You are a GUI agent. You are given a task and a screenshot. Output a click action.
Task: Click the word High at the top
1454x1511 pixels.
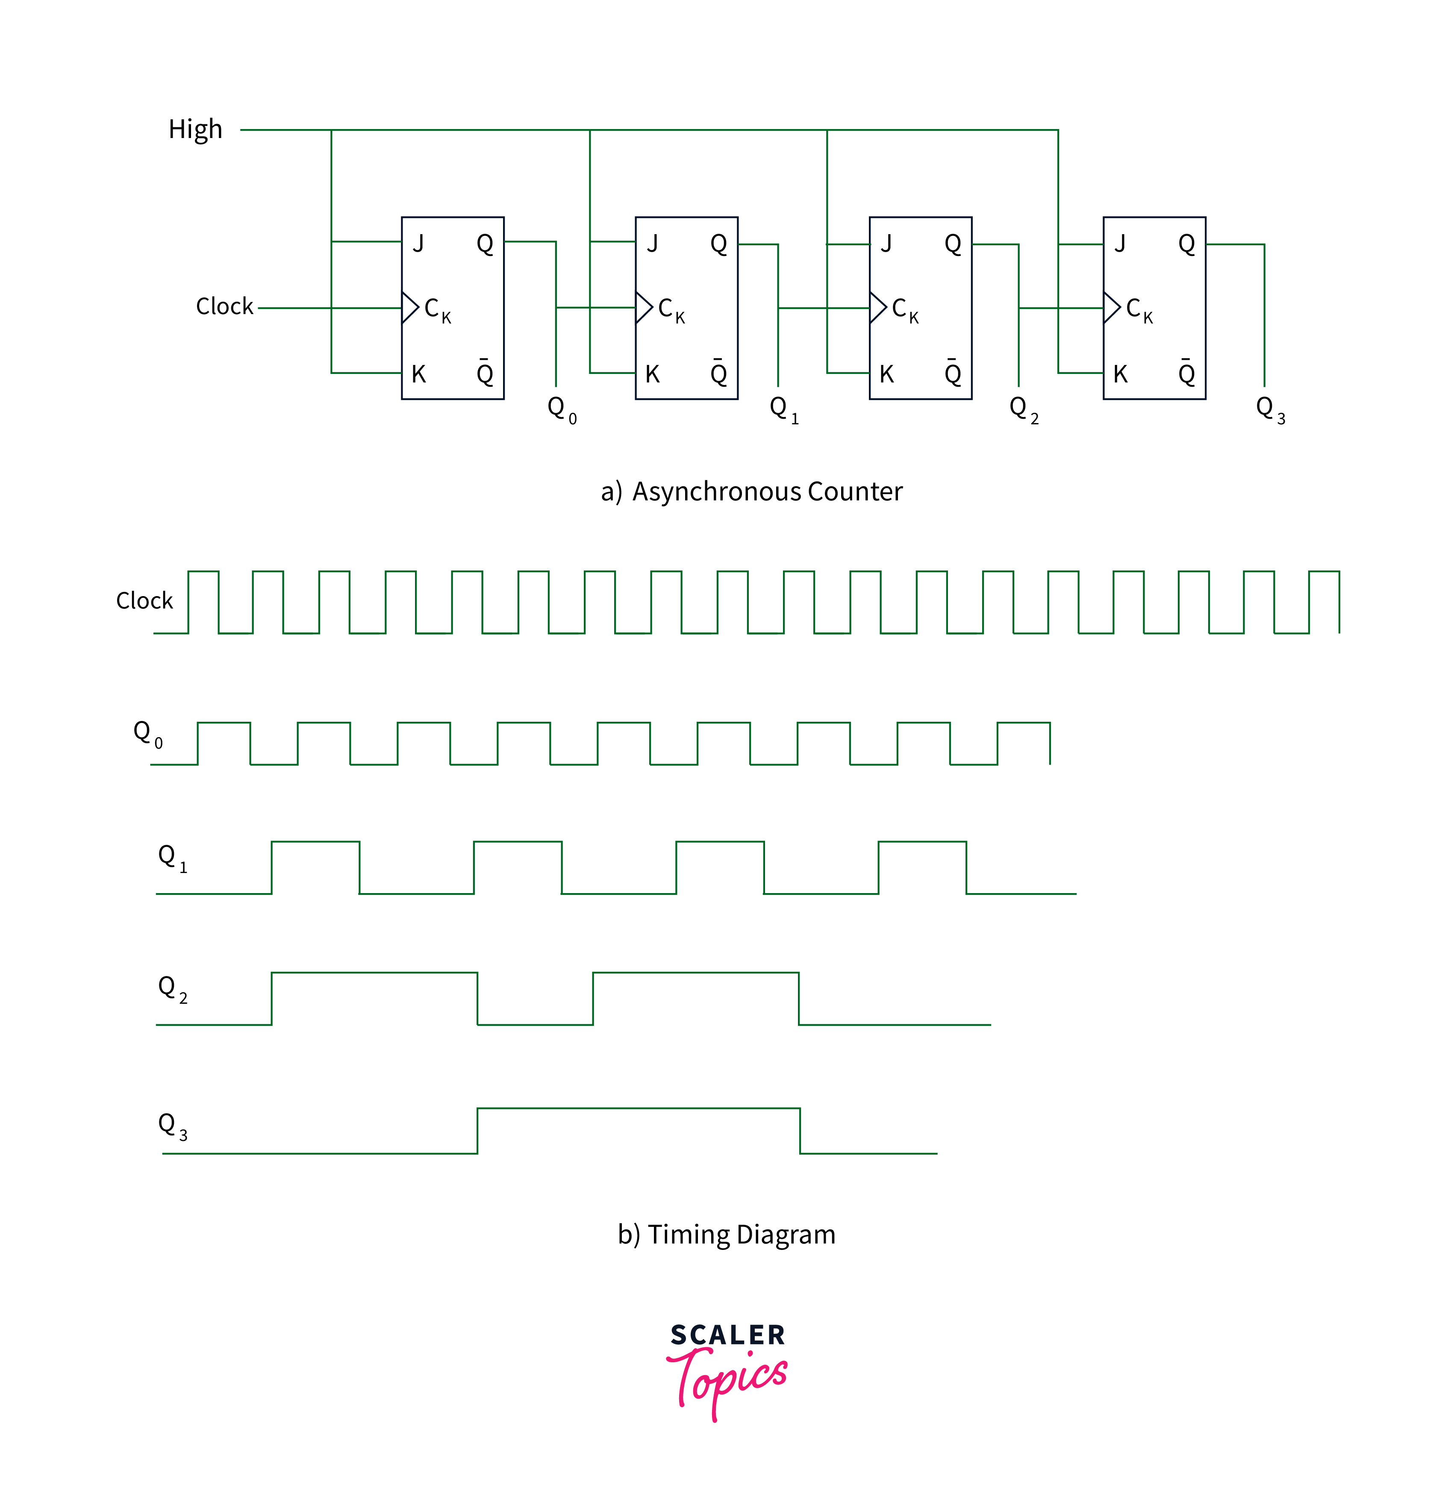[195, 129]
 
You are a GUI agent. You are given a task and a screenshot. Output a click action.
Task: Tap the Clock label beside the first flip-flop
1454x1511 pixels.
[224, 307]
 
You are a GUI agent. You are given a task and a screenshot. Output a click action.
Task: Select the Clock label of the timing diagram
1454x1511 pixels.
[144, 600]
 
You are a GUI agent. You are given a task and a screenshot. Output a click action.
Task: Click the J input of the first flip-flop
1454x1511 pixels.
[418, 244]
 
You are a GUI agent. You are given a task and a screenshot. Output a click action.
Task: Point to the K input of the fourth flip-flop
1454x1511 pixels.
[1120, 375]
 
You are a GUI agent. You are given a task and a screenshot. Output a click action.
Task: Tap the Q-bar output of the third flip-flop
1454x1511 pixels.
[953, 373]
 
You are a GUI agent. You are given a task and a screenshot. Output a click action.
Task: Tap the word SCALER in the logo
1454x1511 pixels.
[727, 1335]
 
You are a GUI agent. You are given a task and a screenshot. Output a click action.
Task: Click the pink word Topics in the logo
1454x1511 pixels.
[729, 1379]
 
